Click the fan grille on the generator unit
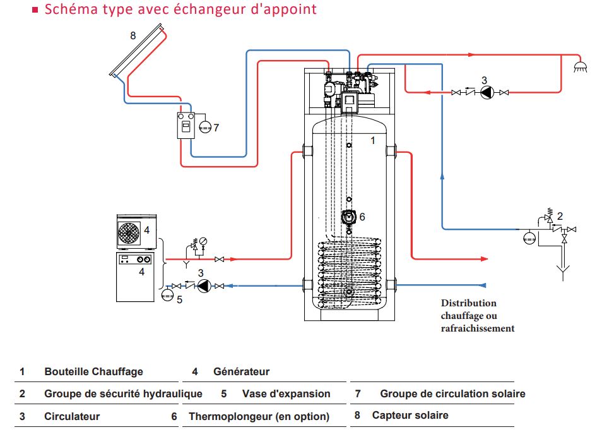coord(129,232)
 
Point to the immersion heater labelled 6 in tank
coord(348,217)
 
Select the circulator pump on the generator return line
coord(203,286)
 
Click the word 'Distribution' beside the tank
coord(468,303)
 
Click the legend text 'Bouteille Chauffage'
coord(93,371)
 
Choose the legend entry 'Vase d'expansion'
coord(286,393)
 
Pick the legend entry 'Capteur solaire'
coord(410,415)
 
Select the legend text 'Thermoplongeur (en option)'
coord(259,416)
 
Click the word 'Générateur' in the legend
coord(241,371)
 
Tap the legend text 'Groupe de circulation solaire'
coord(452,393)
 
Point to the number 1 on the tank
coord(372,140)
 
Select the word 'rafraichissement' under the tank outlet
coord(477,328)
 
